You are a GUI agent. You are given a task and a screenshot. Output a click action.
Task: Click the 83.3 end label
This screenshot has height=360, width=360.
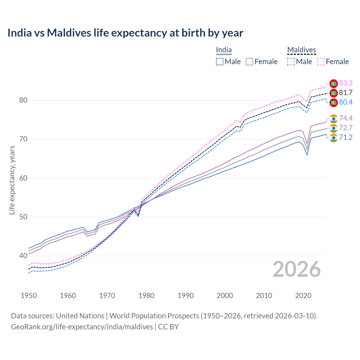tap(346, 83)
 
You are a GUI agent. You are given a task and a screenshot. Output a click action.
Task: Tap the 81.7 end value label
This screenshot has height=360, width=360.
tap(346, 93)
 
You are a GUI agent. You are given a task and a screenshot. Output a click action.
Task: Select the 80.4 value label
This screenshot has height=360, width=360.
tap(346, 102)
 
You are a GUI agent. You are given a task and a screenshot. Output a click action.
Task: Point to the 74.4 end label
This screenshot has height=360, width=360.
tap(346, 118)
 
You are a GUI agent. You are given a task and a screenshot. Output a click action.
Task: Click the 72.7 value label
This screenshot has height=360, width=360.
tap(346, 128)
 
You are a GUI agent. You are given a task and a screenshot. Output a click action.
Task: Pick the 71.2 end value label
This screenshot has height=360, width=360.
tap(346, 137)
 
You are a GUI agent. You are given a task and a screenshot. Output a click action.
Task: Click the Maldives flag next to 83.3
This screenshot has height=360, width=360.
tap(334, 83)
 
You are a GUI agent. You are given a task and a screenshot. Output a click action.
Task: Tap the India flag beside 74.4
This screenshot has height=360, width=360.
tap(334, 118)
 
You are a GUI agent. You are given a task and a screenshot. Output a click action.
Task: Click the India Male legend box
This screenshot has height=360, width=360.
tap(220, 62)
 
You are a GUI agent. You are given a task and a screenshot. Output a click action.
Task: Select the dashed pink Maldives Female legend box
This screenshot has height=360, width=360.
tap(321, 62)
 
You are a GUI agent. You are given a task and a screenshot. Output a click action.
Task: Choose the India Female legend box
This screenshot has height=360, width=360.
tap(249, 62)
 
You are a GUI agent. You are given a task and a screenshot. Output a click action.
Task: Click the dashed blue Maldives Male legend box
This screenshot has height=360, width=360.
tap(291, 62)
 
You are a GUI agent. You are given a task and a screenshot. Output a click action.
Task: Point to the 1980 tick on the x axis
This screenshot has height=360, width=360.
tap(146, 296)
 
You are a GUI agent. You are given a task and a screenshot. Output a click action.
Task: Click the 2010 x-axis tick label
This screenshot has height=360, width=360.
tap(264, 296)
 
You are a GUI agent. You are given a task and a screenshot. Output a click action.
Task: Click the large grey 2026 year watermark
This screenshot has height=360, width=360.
tap(296, 269)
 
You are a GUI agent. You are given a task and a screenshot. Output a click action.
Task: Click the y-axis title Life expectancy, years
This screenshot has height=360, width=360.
tap(12, 180)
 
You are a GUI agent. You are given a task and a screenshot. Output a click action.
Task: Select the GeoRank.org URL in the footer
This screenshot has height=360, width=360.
tap(82, 327)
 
